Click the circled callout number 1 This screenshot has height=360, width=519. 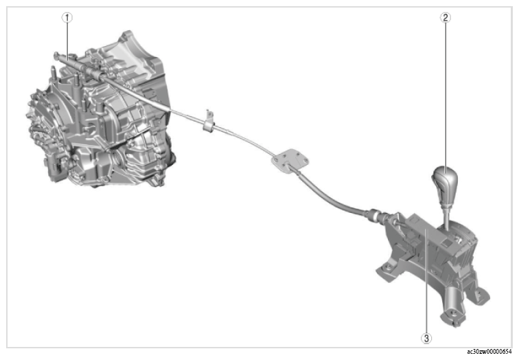67,18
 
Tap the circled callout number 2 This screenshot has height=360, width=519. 445,17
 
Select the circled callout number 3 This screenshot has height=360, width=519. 426,338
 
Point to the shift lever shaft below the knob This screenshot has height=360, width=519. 446,218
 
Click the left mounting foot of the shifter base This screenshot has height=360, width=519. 387,270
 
